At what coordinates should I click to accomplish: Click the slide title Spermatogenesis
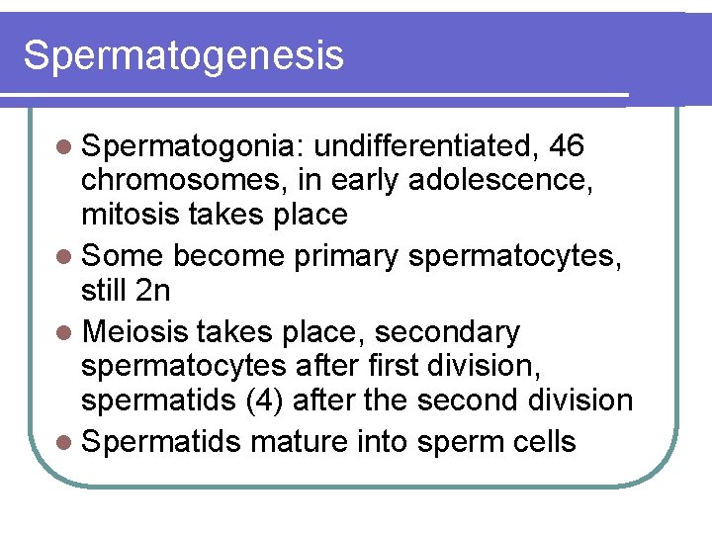coord(183,55)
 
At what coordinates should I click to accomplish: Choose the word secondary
coord(446,332)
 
